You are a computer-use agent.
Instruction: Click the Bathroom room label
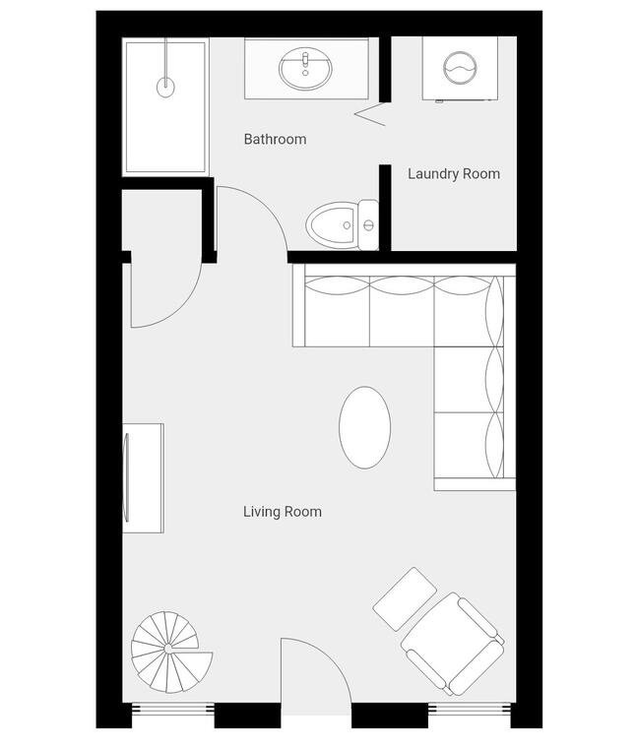[x=275, y=140]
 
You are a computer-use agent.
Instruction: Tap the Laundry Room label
[x=454, y=174]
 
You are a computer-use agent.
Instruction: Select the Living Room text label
[x=283, y=512]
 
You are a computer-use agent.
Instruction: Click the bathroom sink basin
[x=305, y=69]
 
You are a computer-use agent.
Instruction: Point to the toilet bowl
[x=331, y=225]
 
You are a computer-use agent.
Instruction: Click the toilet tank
[x=368, y=224]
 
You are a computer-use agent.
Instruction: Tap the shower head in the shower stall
[x=165, y=87]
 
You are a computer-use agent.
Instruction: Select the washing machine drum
[x=460, y=68]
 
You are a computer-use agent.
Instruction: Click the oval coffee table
[x=365, y=427]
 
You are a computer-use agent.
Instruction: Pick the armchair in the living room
[x=452, y=644]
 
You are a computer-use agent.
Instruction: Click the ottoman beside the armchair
[x=405, y=599]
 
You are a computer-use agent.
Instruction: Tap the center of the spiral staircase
[x=168, y=649]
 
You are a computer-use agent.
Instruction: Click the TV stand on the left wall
[x=143, y=478]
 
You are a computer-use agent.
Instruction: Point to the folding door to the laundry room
[x=370, y=114]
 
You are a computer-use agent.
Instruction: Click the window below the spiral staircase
[x=172, y=709]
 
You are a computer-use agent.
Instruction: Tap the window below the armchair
[x=470, y=709]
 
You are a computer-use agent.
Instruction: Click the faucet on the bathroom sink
[x=305, y=62]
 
